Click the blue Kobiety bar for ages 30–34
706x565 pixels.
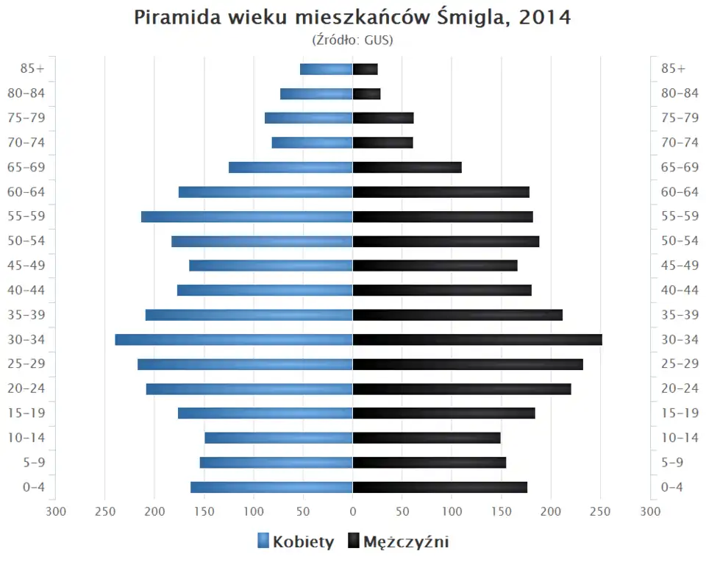[234, 340]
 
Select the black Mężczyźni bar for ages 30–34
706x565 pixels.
[477, 340]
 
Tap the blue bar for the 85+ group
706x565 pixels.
[327, 69]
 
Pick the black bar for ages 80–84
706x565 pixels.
[366, 93]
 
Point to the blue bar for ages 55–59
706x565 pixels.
[247, 217]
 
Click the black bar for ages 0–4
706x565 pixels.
[440, 487]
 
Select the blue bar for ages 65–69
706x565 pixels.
[290, 168]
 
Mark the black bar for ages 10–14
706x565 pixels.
[427, 438]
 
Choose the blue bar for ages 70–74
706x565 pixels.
[312, 143]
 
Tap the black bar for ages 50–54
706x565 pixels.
[446, 241]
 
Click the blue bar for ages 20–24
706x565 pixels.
[249, 389]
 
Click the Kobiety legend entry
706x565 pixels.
[296, 542]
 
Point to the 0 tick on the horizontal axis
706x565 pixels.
[352, 511]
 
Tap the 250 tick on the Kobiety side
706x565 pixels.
[105, 511]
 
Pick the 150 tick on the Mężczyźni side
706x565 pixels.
[501, 511]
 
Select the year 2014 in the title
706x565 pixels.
[544, 18]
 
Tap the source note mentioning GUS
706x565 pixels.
[352, 40]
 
